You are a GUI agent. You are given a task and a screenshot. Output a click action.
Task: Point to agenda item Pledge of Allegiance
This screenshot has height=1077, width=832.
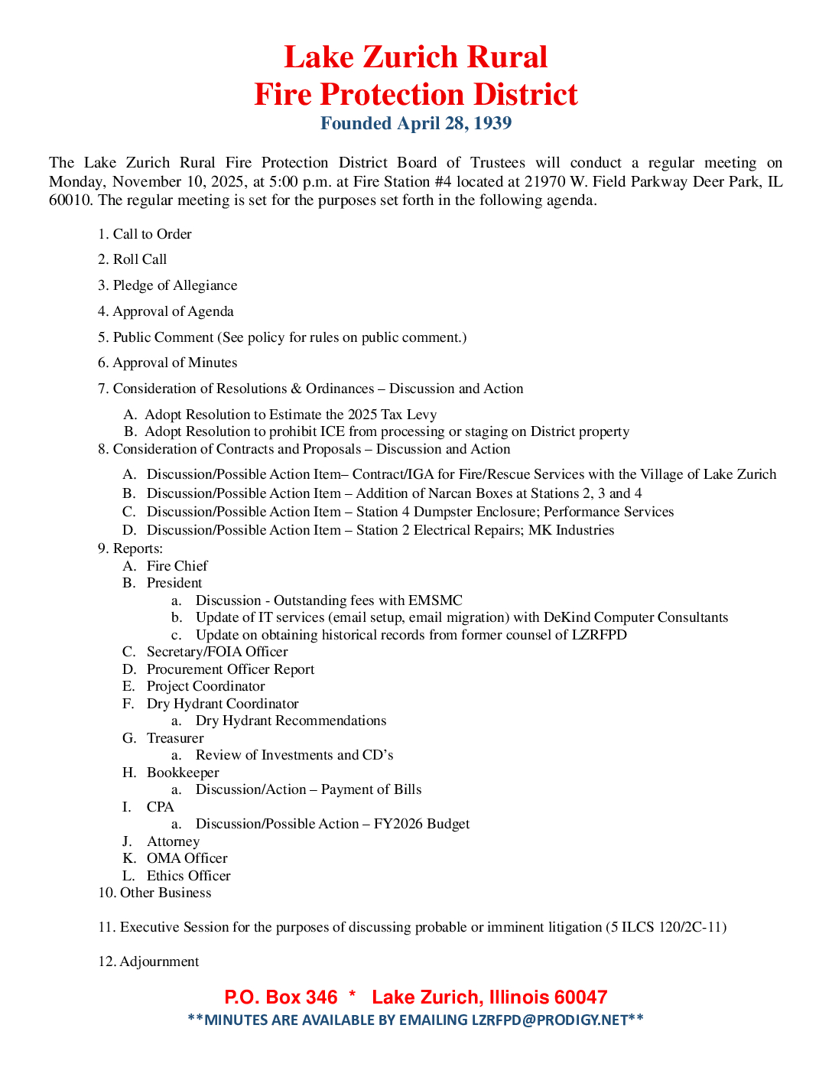175,285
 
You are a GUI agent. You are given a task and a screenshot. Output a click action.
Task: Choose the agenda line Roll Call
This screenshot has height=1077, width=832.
140,259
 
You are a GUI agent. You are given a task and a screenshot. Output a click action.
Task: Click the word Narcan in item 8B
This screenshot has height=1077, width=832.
450,493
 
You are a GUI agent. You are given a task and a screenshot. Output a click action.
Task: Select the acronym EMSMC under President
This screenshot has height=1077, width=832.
435,600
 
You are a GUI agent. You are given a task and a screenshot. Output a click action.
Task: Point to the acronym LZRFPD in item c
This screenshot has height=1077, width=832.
599,635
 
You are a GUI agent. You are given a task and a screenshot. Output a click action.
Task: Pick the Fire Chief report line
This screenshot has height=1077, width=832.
177,566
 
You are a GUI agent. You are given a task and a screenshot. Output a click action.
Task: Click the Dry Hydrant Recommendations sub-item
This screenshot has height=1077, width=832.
291,721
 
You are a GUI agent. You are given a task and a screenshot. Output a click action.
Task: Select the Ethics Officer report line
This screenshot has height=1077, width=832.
188,876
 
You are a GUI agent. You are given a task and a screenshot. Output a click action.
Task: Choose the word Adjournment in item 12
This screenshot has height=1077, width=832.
159,961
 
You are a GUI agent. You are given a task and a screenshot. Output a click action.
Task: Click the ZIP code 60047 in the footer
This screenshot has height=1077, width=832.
580,997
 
